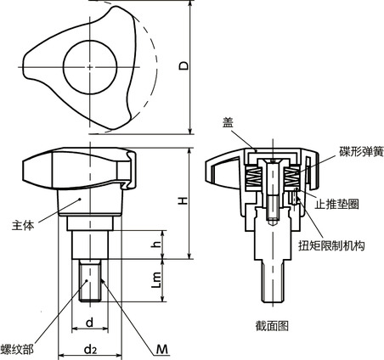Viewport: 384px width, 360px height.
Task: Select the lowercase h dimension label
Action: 155,244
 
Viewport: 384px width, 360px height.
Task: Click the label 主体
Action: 23,226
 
